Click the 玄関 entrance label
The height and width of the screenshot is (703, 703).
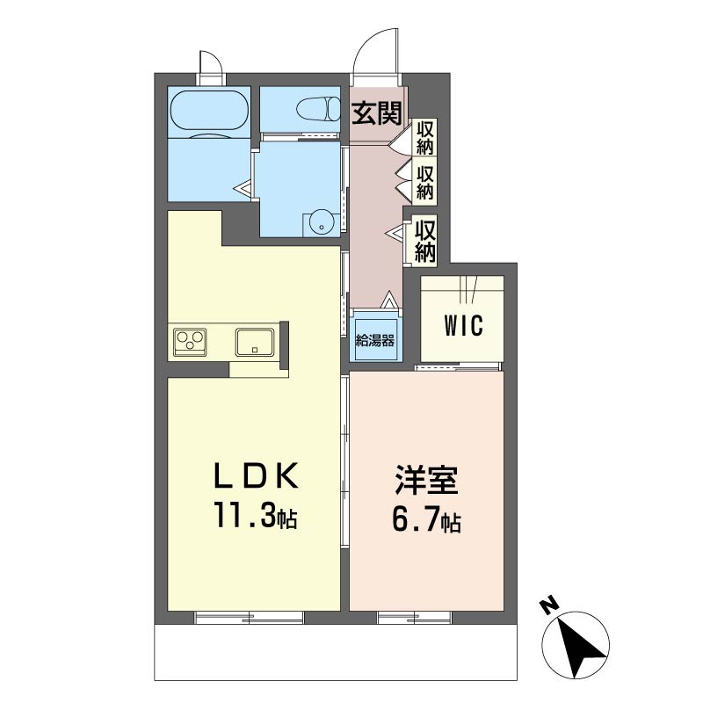(x=376, y=113)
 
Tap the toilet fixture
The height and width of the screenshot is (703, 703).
(x=318, y=108)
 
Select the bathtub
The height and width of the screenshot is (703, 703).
(x=209, y=112)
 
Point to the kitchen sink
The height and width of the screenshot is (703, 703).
(x=255, y=342)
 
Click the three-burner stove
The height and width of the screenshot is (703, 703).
(x=190, y=342)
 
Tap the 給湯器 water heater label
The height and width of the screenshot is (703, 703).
(x=375, y=341)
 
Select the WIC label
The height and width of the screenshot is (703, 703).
(x=464, y=325)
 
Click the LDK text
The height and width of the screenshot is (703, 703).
(x=256, y=476)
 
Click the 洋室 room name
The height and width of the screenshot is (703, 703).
(x=426, y=481)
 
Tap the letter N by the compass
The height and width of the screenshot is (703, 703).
(x=549, y=605)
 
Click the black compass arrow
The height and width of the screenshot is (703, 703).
(x=582, y=648)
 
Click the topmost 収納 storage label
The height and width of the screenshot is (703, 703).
(x=425, y=138)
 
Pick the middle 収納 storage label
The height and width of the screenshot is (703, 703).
(x=425, y=183)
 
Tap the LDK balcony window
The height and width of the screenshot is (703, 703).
(x=250, y=618)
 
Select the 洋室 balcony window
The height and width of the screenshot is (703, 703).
(x=414, y=618)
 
